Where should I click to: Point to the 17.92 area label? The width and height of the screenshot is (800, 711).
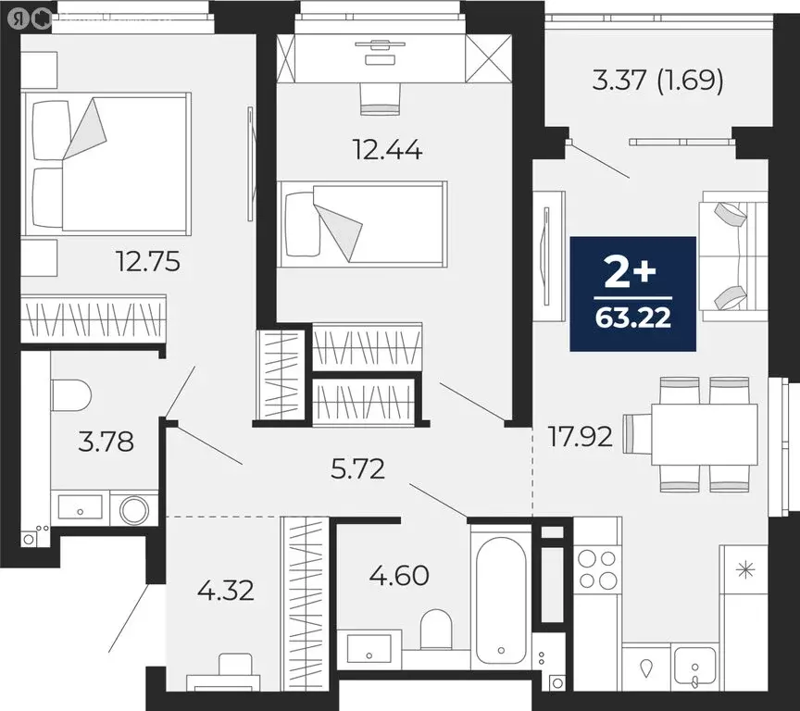click(579, 436)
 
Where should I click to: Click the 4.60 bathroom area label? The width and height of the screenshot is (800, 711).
click(399, 576)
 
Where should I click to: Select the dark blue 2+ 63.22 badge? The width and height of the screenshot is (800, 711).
click(632, 293)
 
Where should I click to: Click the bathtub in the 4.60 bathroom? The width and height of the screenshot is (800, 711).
click(500, 596)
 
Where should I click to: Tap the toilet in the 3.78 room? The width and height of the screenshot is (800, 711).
click(70, 395)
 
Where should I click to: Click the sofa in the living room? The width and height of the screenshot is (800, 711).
click(734, 256)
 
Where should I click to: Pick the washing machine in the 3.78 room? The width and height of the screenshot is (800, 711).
click(134, 509)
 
